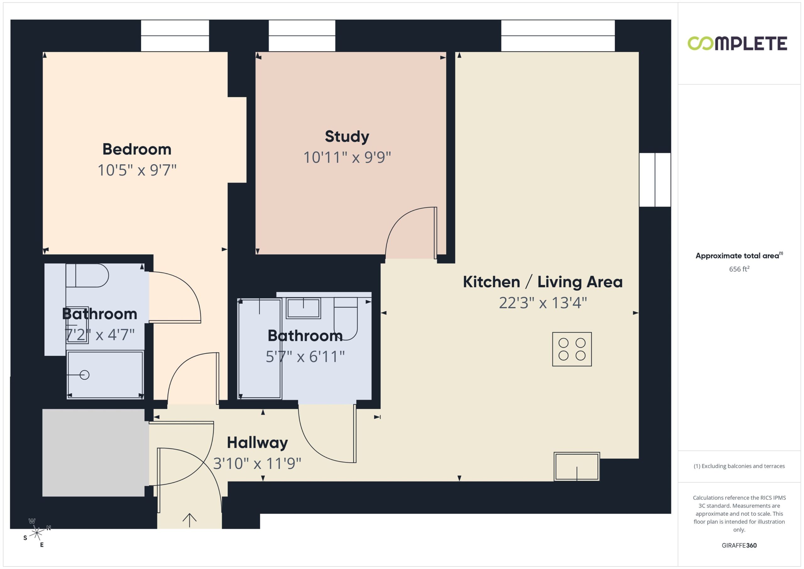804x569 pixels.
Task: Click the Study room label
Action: [347, 136]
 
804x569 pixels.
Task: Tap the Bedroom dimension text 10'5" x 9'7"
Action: [137, 170]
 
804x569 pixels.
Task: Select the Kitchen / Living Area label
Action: [543, 282]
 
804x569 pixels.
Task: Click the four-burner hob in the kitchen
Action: [572, 349]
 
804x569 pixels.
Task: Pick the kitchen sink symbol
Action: [577, 467]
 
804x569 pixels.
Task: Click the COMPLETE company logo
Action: [737, 43]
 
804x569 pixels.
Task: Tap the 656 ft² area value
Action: [739, 269]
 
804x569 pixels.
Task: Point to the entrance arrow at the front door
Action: [189, 520]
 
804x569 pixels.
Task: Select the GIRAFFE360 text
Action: [739, 545]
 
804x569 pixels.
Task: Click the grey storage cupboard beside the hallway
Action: [94, 453]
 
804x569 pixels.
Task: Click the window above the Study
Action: [302, 36]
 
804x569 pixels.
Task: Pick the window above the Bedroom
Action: [175, 36]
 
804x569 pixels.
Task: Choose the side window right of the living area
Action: [655, 180]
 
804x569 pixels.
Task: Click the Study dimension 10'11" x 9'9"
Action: [347, 157]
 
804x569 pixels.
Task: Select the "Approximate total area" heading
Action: [737, 256]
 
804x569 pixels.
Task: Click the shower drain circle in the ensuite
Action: [84, 375]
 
